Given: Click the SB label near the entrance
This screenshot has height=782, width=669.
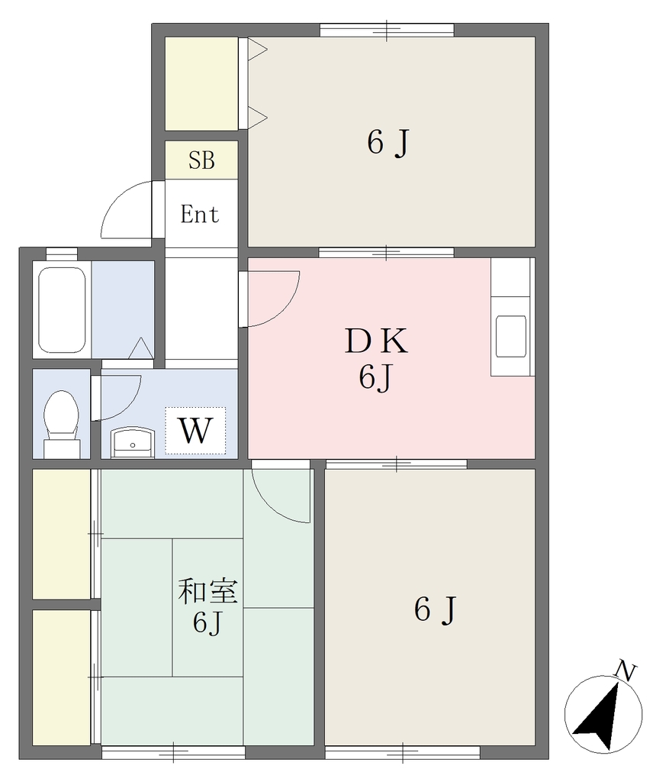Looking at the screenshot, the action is pos(201,160).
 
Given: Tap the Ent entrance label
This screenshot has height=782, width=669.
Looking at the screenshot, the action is pos(199,215).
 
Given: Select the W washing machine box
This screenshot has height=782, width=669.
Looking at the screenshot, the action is pos(195,431).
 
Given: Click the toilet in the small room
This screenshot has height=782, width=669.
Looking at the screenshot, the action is pos(62,424).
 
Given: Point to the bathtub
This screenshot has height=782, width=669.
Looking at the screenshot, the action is pos(62,310).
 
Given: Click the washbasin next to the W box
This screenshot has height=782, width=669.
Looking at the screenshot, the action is pos(133,442).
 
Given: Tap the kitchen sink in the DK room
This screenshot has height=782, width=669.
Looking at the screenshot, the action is pos(511,336).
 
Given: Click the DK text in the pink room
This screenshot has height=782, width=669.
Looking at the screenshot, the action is pos(376,341).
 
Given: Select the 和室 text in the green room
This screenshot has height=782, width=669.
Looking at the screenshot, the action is pos(207,591).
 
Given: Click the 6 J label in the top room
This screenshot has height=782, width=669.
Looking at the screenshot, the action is pos(388,143).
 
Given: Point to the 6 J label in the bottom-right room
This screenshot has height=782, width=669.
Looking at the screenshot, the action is pos(435,609).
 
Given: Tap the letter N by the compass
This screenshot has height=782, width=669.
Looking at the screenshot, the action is pos(626,671).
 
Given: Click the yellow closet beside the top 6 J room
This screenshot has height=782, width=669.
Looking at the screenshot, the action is pos(201,83).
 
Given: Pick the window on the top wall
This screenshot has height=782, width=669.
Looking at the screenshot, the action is pos(387,30).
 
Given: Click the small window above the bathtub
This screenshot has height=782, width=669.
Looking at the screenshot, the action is pos(62,254).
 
